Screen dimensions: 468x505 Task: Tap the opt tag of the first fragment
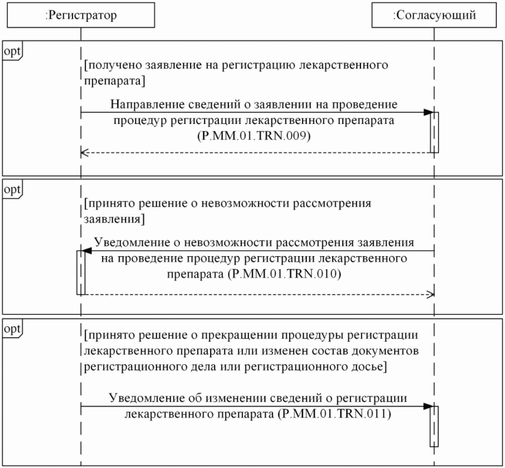point(12,51)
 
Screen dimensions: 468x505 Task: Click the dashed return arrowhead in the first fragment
point(84,153)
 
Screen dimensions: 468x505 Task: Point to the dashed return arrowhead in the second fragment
point(431,293)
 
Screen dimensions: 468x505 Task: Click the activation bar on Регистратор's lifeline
point(81,272)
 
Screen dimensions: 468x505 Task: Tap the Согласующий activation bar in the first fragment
point(434,132)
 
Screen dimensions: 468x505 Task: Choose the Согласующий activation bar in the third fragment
point(434,426)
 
